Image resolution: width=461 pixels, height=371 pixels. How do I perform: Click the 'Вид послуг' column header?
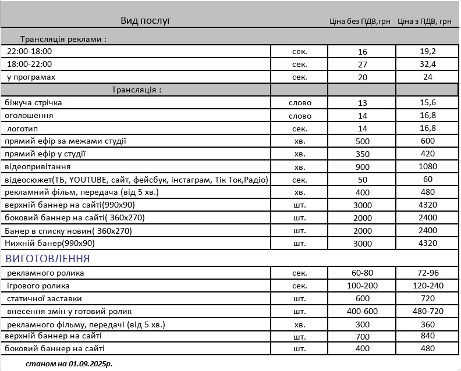146,21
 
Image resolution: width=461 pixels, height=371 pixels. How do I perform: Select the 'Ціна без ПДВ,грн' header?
359,22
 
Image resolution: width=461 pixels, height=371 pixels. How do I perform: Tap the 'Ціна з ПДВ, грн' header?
424,22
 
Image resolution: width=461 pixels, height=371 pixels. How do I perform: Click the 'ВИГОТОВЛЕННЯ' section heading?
48,258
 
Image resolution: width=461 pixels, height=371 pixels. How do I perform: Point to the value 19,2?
428,52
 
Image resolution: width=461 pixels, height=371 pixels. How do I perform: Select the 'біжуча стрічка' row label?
33,103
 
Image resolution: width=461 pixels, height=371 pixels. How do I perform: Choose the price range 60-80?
362,273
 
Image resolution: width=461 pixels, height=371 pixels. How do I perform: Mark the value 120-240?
428,286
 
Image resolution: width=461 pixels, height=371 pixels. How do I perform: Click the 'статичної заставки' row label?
40,298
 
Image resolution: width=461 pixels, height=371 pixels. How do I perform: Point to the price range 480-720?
428,311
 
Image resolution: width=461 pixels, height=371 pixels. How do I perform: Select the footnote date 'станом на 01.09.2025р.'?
69,363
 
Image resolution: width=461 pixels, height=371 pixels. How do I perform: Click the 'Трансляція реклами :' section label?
63,40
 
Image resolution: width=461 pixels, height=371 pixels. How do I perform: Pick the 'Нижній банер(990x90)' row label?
49,243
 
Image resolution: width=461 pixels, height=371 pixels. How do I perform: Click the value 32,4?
428,64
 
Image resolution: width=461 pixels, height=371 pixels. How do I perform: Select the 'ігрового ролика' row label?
38,286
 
